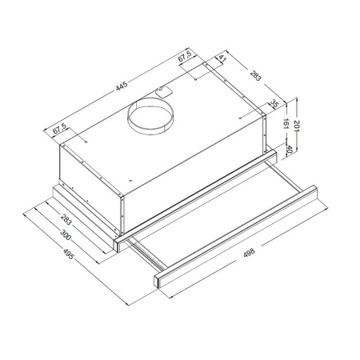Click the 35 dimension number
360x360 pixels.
click(x=274, y=104)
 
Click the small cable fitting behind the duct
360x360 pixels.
click(x=162, y=90)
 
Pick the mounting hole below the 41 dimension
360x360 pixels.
click(x=218, y=78)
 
